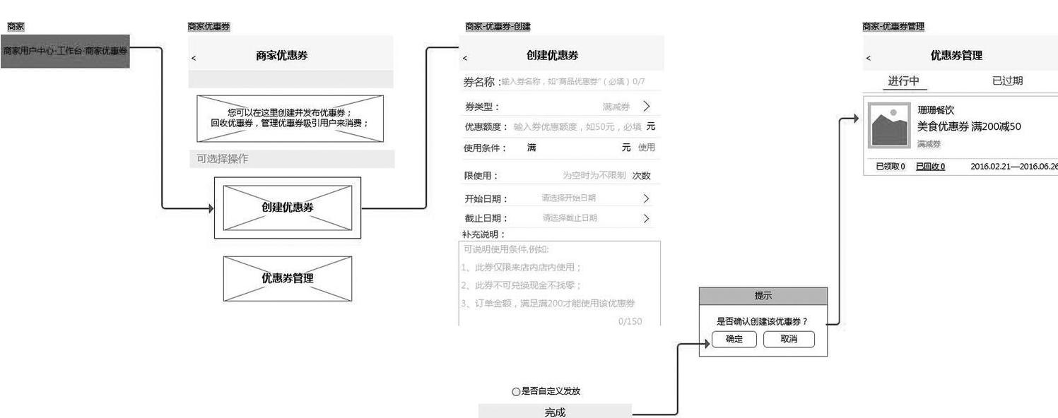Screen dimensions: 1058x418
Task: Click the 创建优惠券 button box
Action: (x=287, y=208)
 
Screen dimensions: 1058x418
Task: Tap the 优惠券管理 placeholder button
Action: (x=287, y=278)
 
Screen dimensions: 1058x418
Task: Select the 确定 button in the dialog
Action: (x=735, y=340)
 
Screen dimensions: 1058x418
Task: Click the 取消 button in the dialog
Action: (x=789, y=340)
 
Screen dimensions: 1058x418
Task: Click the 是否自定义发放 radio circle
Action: (x=516, y=391)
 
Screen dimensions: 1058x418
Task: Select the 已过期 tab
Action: (x=1007, y=80)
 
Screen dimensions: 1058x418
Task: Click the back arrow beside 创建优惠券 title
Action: (x=465, y=57)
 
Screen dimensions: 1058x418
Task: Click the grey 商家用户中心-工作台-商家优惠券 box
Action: (x=65, y=51)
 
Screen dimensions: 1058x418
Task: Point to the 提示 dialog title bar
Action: (x=763, y=296)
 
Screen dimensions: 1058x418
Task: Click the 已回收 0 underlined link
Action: (x=930, y=167)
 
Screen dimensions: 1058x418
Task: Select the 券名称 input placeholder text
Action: (x=572, y=82)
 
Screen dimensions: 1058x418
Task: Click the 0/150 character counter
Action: (x=630, y=321)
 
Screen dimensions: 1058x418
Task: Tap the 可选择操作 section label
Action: (x=223, y=159)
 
